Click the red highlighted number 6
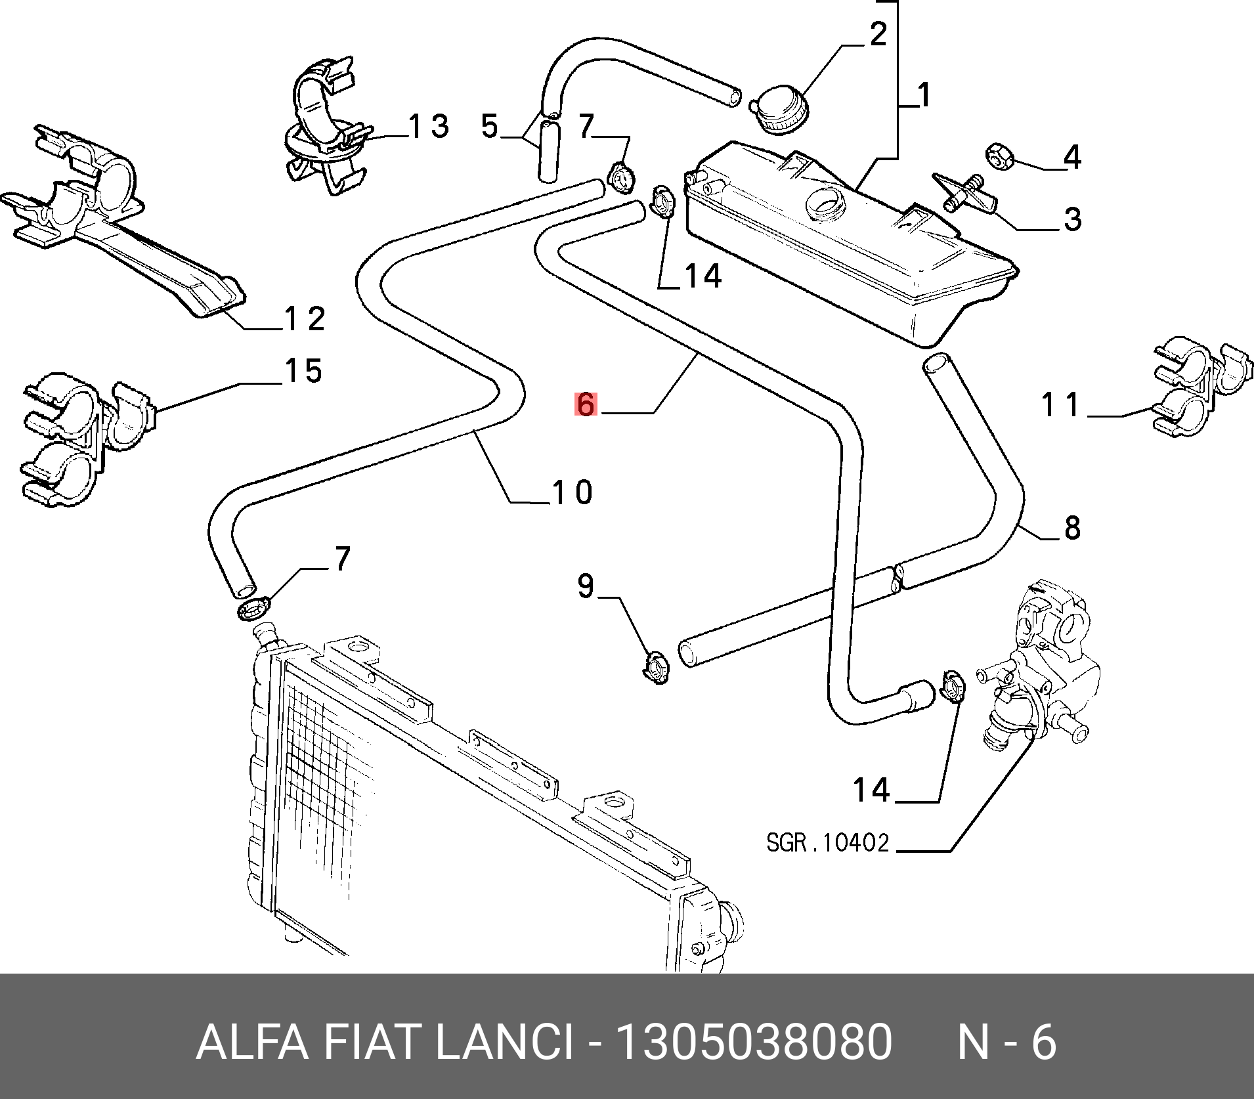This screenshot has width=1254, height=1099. (585, 404)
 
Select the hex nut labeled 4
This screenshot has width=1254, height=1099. (1001, 157)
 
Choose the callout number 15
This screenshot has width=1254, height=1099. (303, 371)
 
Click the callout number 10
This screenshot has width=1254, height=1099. (573, 492)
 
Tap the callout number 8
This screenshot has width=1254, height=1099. (1072, 528)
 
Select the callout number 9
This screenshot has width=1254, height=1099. (586, 586)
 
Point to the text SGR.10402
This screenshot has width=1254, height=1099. (827, 842)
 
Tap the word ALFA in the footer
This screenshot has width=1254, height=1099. (252, 1042)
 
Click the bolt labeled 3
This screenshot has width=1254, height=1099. (964, 195)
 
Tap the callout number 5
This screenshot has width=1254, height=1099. (490, 126)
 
